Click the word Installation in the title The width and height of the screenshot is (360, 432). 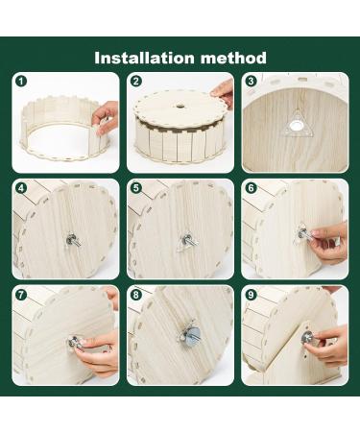[144, 58]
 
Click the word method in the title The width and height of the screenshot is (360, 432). [233, 58]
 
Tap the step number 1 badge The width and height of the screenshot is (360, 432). [21, 82]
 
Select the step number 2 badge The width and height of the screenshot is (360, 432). [136, 82]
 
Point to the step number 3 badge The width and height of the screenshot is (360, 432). [251, 82]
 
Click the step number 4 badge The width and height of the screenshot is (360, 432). [21, 188]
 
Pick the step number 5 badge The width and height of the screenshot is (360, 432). [136, 188]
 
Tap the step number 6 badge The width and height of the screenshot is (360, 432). [251, 188]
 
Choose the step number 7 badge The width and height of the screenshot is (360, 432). [21, 295]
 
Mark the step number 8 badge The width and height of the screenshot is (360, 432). [136, 295]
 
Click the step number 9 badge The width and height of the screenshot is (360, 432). [251, 295]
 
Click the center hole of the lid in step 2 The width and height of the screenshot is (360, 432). [180, 105]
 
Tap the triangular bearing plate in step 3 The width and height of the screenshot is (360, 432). [294, 125]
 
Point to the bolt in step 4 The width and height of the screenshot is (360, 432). [73, 240]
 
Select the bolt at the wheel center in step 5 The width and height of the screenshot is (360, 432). [188, 240]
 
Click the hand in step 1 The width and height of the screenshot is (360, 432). [105, 117]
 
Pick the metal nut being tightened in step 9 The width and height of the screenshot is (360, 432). [307, 337]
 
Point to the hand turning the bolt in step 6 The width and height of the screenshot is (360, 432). [329, 243]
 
